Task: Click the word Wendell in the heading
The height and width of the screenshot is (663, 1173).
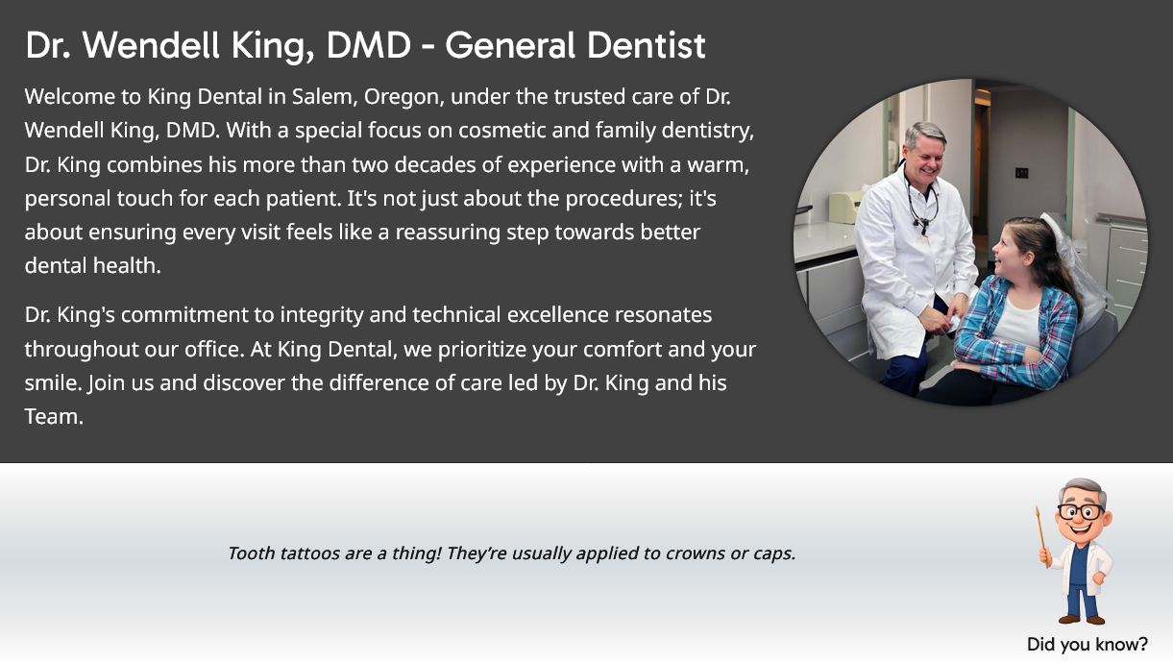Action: coord(151,45)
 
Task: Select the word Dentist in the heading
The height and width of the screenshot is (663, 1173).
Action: coord(647,45)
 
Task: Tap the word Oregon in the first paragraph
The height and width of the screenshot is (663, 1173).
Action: coord(403,97)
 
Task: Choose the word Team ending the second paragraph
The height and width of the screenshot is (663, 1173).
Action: coord(54,417)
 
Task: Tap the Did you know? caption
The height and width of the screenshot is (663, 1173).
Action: coord(1087,644)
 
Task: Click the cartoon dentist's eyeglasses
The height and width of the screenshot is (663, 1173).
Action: coord(1082,511)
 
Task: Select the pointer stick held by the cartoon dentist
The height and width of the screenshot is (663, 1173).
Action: coord(1042,536)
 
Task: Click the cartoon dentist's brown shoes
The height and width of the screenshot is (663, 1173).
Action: coord(1082,620)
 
